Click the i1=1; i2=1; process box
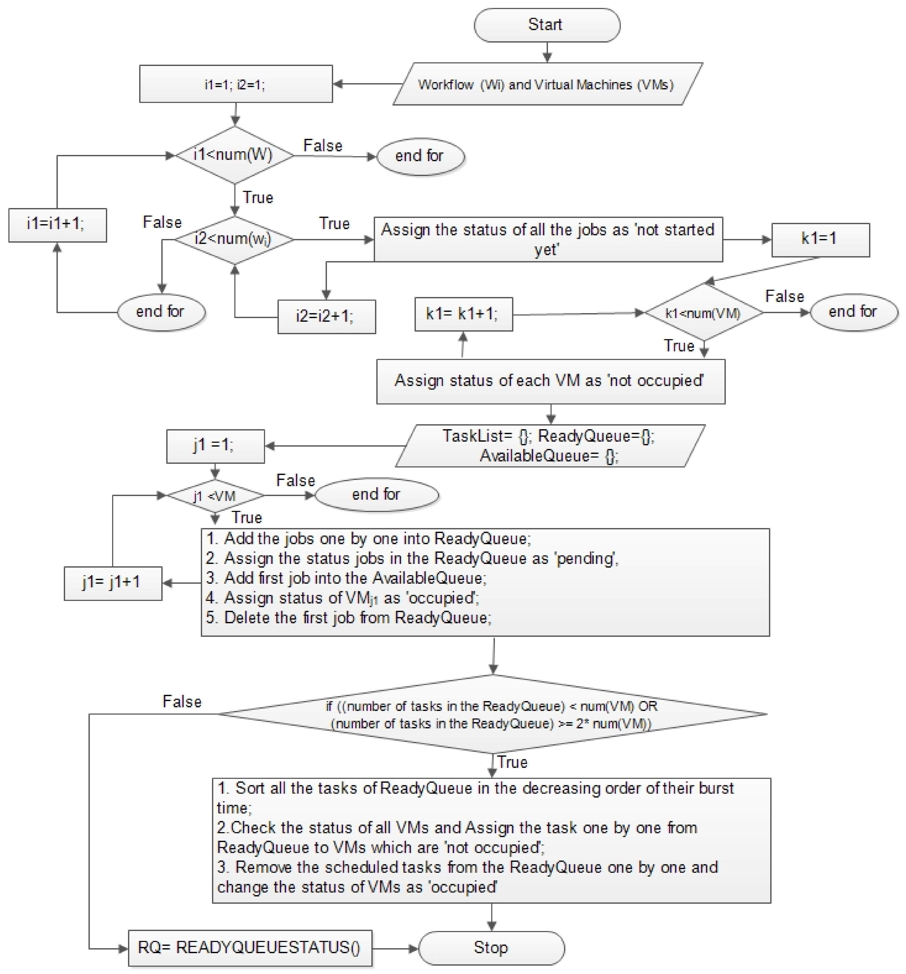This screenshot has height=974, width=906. [236, 84]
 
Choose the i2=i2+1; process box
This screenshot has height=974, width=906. [326, 317]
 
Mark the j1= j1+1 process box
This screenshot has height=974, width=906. [113, 583]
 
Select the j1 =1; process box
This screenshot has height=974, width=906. [215, 446]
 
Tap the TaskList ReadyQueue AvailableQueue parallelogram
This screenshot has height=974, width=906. [549, 446]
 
